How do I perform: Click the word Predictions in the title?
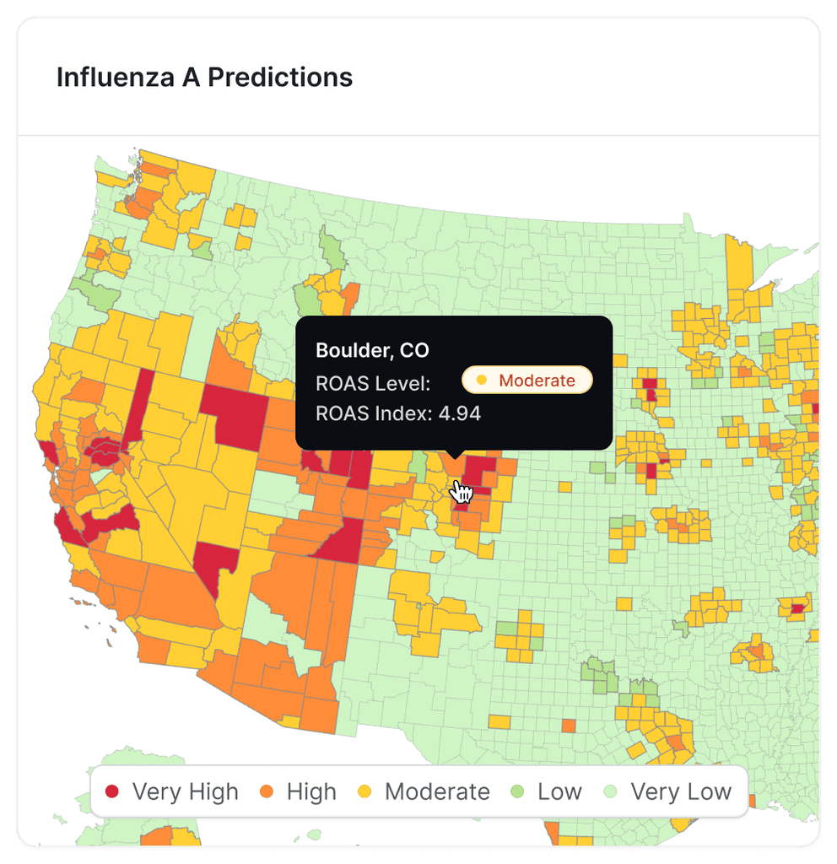coord(280,78)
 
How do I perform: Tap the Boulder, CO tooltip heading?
coord(372,350)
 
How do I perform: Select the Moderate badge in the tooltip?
coord(527,381)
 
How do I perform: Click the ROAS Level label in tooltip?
coord(373,383)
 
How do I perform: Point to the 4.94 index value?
coord(460,413)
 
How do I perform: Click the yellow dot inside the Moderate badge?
coord(482,381)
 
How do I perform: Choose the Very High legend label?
coord(185,792)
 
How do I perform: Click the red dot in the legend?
coord(111,792)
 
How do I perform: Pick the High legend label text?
coord(311,792)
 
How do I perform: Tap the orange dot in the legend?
coord(267,792)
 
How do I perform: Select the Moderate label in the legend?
coord(437,792)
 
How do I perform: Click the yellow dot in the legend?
coord(364,792)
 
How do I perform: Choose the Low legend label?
coord(559,792)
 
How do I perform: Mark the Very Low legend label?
coord(681,792)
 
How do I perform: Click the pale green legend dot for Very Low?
coord(611,792)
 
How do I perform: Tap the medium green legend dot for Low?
coord(517,792)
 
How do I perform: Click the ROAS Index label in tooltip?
coord(374,413)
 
